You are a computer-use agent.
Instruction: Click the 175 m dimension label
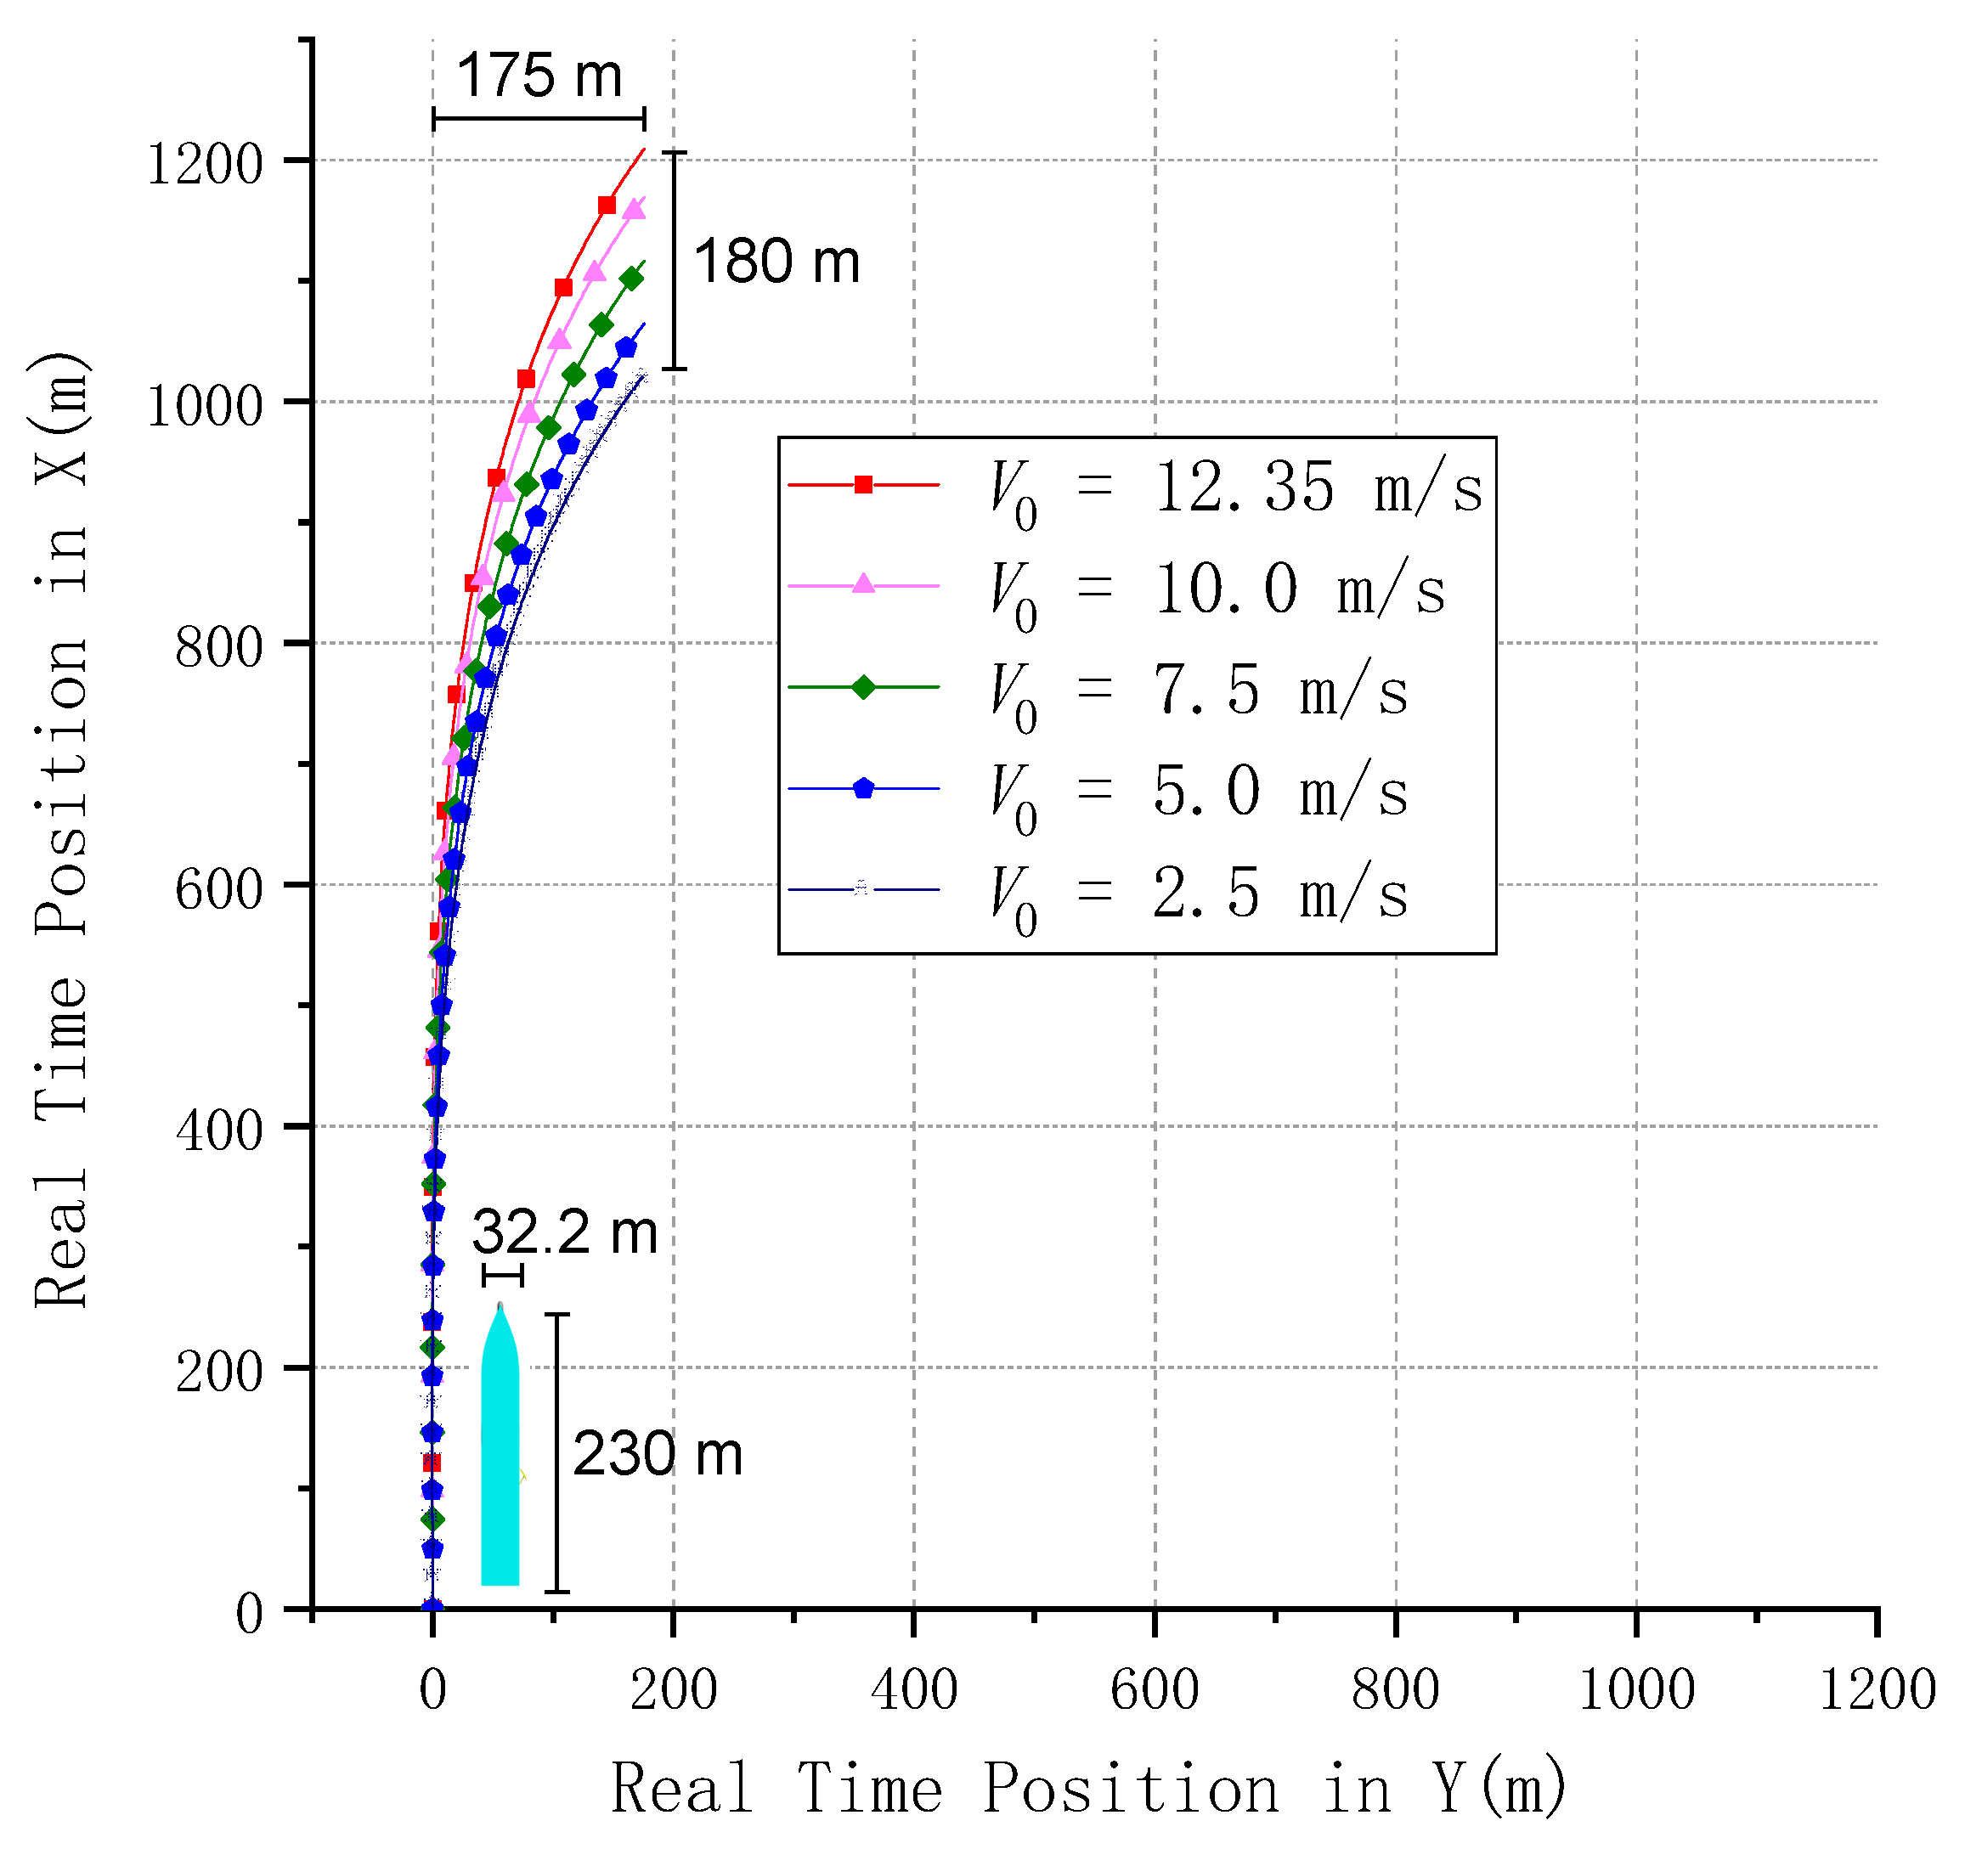point(539,76)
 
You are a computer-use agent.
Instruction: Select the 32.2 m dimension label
point(564,1232)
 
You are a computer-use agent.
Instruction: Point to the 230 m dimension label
point(658,1455)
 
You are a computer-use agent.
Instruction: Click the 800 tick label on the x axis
point(1395,1689)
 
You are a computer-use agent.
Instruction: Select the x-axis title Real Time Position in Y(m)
point(1088,1788)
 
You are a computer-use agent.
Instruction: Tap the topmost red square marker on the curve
point(607,206)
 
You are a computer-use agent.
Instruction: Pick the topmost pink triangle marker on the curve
point(635,210)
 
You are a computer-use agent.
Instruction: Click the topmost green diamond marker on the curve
point(631,279)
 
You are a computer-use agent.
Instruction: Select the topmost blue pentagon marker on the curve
point(625,348)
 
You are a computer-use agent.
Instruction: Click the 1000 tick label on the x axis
point(1636,1689)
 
